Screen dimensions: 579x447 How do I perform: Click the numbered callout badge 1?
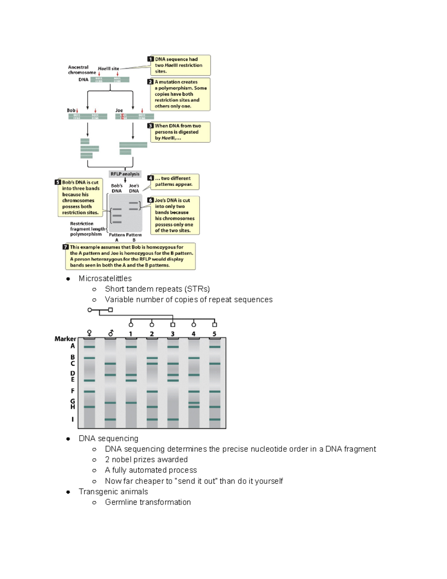[x=150, y=59]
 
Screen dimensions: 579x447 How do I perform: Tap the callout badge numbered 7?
[x=66, y=247]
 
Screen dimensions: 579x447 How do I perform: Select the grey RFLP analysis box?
[x=125, y=174]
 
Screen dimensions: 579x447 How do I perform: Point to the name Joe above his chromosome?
[x=119, y=110]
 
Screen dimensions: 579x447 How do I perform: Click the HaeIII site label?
[x=108, y=69]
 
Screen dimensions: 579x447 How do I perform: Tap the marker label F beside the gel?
[x=73, y=391]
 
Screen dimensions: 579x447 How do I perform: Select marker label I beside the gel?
[x=73, y=419]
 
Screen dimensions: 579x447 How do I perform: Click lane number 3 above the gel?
[x=172, y=334]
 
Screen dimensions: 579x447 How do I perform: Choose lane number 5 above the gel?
[x=214, y=334]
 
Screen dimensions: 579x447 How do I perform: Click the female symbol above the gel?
[x=89, y=333]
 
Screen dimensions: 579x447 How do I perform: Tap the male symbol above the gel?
[x=110, y=333]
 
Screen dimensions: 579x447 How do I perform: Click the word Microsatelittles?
[x=105, y=279]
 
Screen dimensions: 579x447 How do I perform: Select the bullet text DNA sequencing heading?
[x=108, y=438]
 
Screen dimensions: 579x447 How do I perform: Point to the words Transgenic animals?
[x=113, y=492]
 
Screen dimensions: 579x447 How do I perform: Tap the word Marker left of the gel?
[x=65, y=339]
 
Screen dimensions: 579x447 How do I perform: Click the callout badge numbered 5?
[x=58, y=182]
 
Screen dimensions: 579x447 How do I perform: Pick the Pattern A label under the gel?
[x=117, y=237]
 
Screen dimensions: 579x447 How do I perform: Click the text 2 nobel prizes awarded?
[x=146, y=460]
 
